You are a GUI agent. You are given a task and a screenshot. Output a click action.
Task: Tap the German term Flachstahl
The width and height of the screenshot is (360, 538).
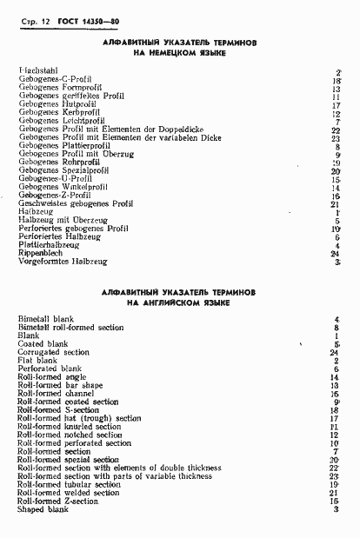(x=37, y=70)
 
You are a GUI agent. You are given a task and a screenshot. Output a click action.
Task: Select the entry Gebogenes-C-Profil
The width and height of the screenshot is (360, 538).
(x=55, y=79)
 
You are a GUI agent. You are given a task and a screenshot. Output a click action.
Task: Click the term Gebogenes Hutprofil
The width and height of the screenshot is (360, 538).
(x=57, y=103)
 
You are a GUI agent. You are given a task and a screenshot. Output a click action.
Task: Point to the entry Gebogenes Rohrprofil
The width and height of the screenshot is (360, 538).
(x=60, y=162)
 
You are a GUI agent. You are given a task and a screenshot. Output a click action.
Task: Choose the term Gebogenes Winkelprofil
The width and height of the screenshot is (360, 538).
(x=63, y=187)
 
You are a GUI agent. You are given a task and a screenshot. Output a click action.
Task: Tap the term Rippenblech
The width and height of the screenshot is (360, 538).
(x=40, y=253)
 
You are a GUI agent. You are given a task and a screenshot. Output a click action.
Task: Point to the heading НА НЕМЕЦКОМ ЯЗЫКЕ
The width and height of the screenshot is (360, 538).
(x=178, y=52)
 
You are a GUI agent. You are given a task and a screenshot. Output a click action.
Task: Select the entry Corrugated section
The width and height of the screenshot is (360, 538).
(x=54, y=353)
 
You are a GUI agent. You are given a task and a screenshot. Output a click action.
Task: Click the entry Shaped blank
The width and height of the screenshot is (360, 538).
(x=43, y=509)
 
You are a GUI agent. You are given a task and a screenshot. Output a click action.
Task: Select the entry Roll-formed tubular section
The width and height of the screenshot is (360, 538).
(x=69, y=484)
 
